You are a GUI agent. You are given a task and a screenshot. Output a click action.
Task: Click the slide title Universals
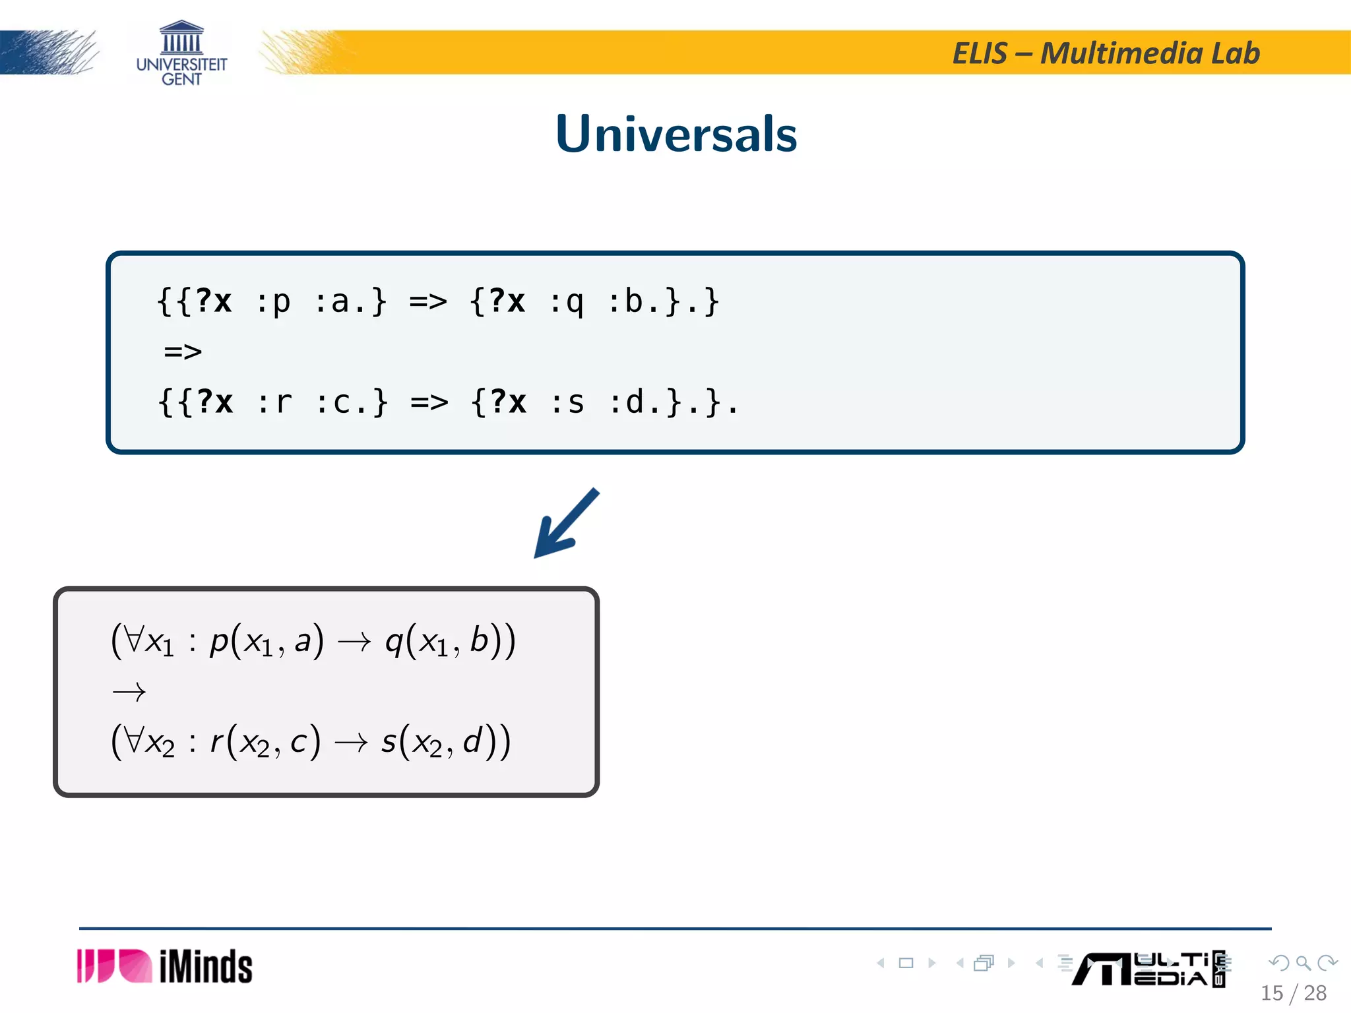point(676,134)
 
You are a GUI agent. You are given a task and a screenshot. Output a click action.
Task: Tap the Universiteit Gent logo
point(181,53)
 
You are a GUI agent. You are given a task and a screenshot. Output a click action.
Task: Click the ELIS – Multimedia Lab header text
point(1106,53)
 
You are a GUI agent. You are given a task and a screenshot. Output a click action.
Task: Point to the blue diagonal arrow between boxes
point(565,523)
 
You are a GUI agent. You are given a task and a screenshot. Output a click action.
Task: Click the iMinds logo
point(165,966)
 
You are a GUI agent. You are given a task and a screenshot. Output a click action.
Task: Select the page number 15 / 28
point(1293,993)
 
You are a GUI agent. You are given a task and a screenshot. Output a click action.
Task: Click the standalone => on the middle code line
point(183,352)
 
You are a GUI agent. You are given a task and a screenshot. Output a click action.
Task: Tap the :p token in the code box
point(272,302)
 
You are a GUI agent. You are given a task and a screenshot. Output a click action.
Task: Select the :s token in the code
point(567,402)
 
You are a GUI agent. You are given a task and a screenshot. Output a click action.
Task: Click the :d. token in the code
point(634,402)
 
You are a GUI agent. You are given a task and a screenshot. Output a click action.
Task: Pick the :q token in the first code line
point(567,302)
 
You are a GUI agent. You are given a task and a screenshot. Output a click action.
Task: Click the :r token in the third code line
point(274,402)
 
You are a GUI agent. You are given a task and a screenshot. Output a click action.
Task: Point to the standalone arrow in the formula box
point(129,692)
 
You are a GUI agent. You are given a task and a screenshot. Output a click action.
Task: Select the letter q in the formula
point(394,641)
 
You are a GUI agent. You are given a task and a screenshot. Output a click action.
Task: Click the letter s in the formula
point(389,741)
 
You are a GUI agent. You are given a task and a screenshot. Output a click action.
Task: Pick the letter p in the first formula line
point(218,641)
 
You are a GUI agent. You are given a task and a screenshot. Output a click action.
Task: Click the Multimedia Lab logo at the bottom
point(1148,969)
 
